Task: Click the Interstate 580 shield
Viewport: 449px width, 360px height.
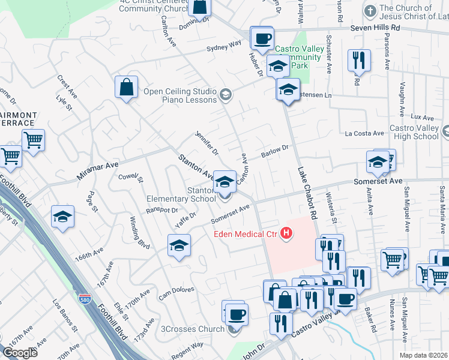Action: click(85, 298)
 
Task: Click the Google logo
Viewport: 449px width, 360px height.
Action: click(20, 353)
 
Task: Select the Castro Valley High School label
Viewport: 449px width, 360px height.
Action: click(414, 132)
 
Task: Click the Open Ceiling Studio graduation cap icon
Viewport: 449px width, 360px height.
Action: click(225, 93)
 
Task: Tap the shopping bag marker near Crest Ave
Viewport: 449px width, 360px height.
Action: click(127, 87)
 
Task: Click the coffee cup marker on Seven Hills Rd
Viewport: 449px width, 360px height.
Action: click(262, 39)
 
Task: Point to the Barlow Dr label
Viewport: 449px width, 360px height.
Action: click(276, 151)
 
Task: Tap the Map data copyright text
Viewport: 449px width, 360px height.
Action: click(423, 355)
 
